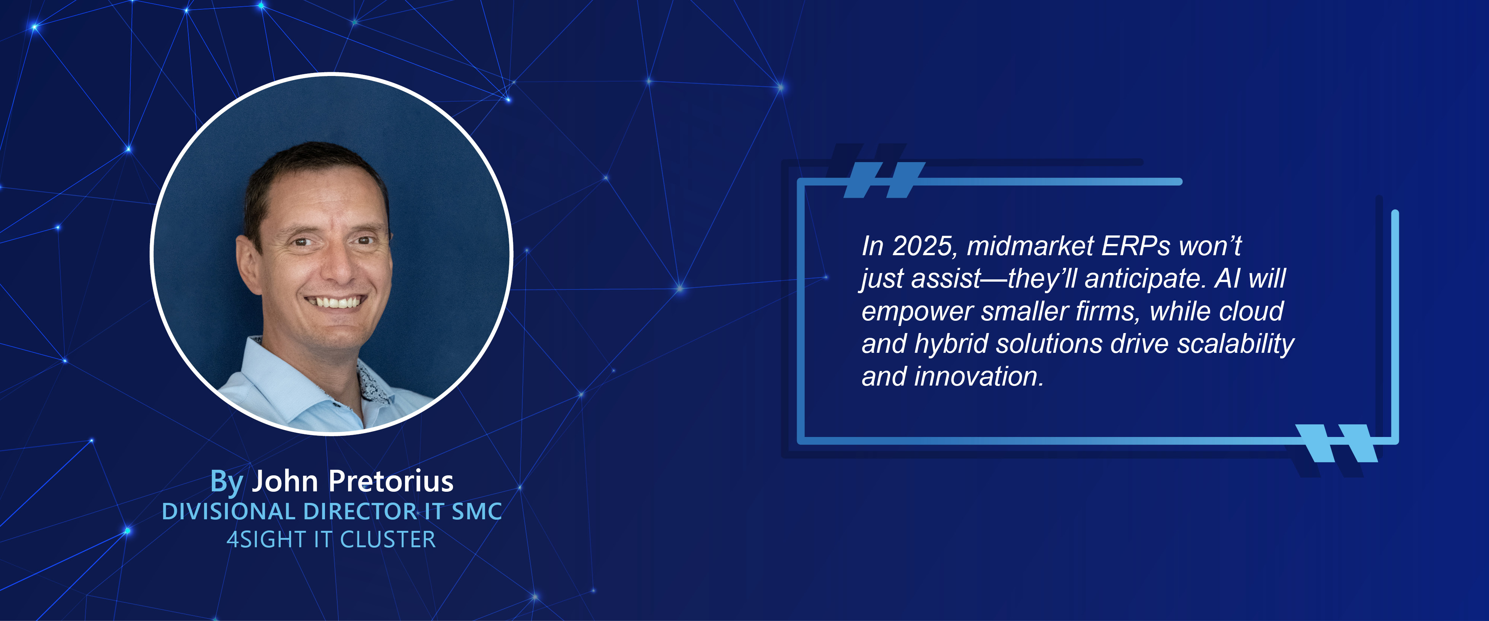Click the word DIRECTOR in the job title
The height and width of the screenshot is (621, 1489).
point(360,512)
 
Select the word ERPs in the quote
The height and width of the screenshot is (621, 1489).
point(1136,246)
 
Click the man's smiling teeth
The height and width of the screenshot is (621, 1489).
point(336,302)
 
